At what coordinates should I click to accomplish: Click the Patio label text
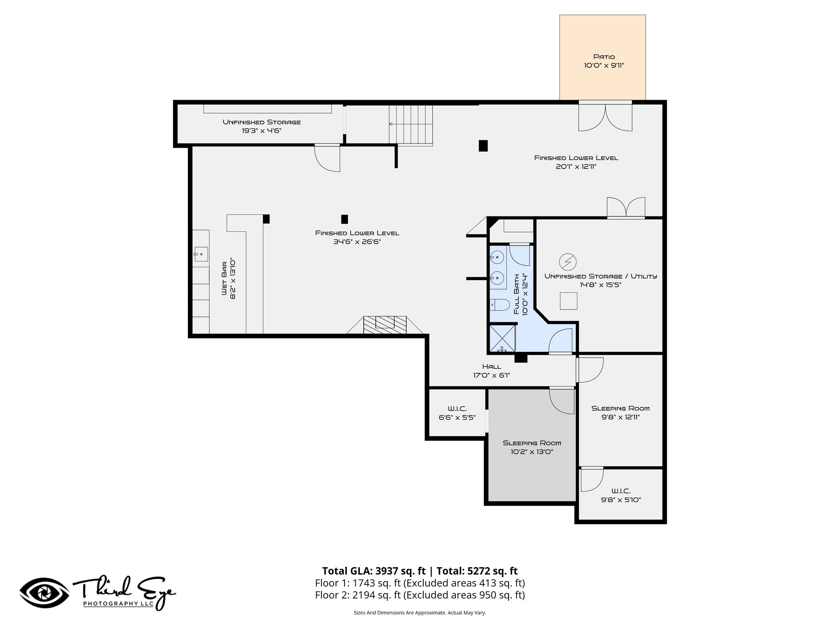click(604, 57)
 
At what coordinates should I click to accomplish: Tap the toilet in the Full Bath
click(500, 305)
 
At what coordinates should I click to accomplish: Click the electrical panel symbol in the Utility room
click(568, 261)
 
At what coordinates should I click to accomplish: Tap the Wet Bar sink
click(201, 254)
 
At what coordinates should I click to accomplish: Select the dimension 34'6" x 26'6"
click(357, 242)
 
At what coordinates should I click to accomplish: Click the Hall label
click(491, 366)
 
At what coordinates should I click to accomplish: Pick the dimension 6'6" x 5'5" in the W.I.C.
click(457, 418)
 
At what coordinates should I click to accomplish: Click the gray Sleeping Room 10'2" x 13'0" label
click(532, 443)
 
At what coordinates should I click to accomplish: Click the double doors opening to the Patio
click(605, 117)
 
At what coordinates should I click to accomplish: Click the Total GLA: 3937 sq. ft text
click(374, 571)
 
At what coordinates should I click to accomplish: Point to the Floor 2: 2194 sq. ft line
click(420, 595)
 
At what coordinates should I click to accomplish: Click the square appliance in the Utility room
click(568, 301)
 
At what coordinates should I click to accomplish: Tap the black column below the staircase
click(483, 146)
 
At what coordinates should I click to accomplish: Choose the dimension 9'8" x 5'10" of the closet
click(621, 500)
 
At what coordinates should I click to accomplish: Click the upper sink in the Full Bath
click(497, 258)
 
